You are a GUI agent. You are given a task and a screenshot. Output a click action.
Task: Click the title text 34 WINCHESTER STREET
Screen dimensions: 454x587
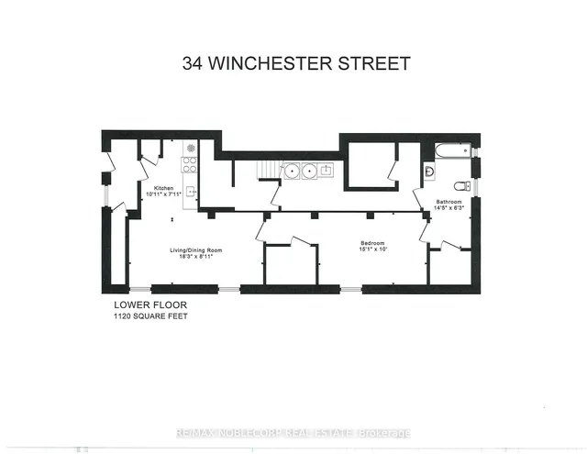coord(293,63)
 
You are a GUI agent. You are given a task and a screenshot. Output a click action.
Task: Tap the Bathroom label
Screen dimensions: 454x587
coord(449,202)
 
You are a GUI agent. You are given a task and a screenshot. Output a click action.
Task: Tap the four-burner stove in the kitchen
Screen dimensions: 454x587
coord(191,166)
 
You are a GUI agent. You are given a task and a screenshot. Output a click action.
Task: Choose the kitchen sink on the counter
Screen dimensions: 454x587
coord(191,192)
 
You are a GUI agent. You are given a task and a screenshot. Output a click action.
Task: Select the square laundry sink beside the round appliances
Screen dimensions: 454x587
coord(326,170)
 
